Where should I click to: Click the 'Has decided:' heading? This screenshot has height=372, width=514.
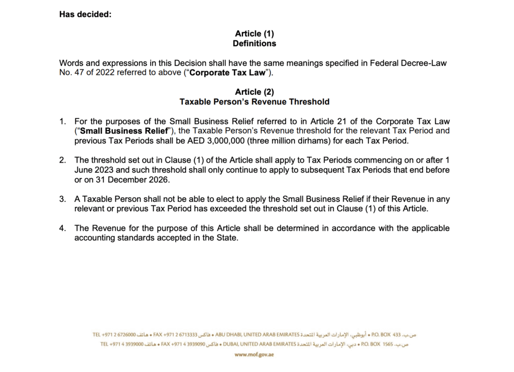click(85, 14)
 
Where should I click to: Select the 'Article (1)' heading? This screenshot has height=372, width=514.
click(254, 34)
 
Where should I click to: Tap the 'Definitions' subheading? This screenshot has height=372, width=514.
click(254, 44)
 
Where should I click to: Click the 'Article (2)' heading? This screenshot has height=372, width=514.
click(254, 92)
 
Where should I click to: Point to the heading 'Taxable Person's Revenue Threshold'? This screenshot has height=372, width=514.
click(254, 102)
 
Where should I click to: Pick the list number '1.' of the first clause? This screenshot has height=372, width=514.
click(63, 121)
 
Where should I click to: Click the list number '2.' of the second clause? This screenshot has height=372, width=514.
click(63, 160)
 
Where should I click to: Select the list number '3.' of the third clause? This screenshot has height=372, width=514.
click(63, 199)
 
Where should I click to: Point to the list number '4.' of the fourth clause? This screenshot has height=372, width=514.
click(63, 228)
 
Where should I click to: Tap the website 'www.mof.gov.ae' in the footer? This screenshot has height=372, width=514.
click(254, 355)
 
